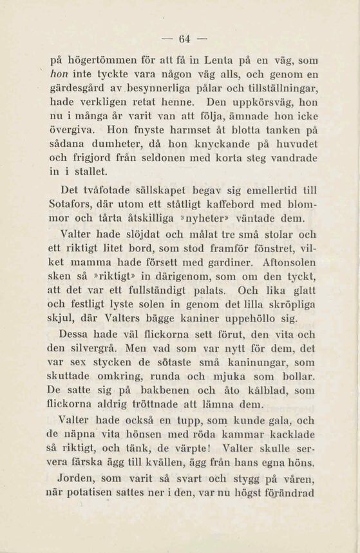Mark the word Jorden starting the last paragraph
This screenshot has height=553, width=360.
click(77, 480)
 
